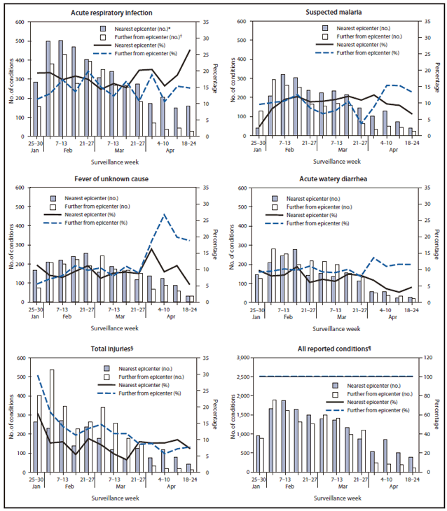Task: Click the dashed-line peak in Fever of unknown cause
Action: pyautogui.click(x=164, y=214)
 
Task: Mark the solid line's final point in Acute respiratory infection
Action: pyautogui.click(x=191, y=50)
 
